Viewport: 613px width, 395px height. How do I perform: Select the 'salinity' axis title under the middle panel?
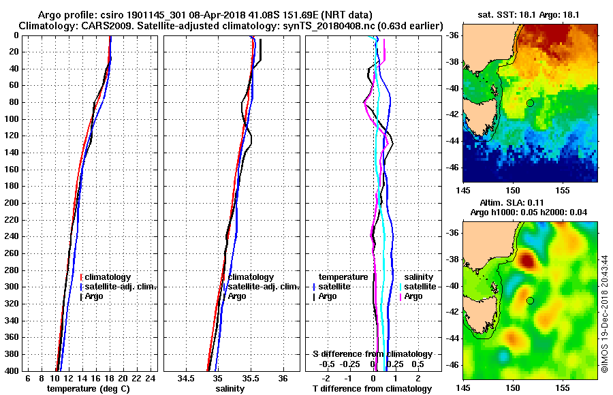point(232,389)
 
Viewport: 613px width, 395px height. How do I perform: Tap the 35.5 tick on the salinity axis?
point(250,378)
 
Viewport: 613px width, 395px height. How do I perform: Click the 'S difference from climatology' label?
point(372,354)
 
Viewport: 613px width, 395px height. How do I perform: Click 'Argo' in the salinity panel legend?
point(236,296)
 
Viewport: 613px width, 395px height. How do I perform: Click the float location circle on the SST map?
point(530,103)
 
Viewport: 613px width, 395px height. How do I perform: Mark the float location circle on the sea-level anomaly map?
point(530,300)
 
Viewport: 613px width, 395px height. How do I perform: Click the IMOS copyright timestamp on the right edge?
point(606,314)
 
